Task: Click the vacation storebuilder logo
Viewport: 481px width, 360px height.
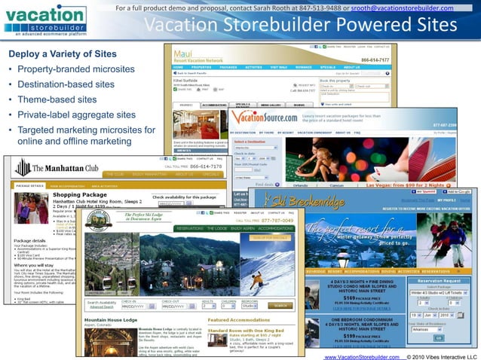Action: (x=44, y=18)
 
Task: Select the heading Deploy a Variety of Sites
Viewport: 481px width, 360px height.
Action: (x=62, y=54)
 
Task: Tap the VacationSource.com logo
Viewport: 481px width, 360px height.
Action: (x=265, y=117)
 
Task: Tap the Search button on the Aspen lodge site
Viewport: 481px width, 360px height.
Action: (x=280, y=306)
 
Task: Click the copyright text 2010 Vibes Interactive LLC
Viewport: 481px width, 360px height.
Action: (x=444, y=355)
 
